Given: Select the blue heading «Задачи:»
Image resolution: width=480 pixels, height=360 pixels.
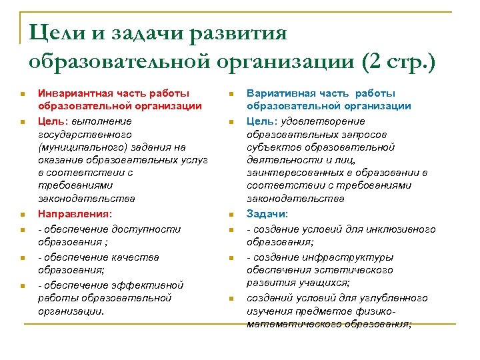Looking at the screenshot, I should (x=267, y=214).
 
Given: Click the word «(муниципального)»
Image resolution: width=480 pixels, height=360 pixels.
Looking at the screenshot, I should (x=78, y=147).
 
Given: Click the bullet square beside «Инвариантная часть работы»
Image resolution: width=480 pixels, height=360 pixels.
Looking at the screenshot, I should (x=22, y=93).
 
